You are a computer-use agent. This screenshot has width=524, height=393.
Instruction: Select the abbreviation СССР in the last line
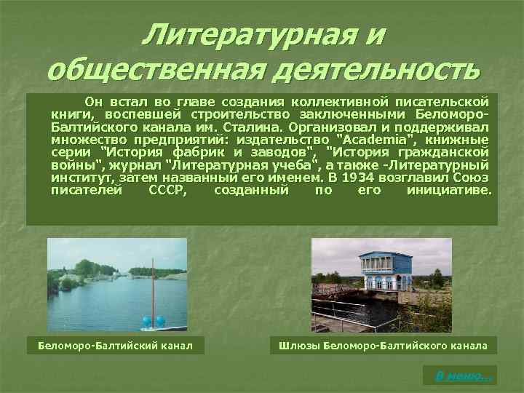(x=167, y=191)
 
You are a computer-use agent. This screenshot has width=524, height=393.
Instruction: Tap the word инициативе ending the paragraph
(x=449, y=191)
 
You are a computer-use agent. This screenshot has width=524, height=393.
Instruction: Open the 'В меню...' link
(x=460, y=376)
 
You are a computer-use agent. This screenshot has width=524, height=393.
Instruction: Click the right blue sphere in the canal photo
(x=159, y=320)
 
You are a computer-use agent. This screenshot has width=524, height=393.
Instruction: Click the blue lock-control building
(x=386, y=271)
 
